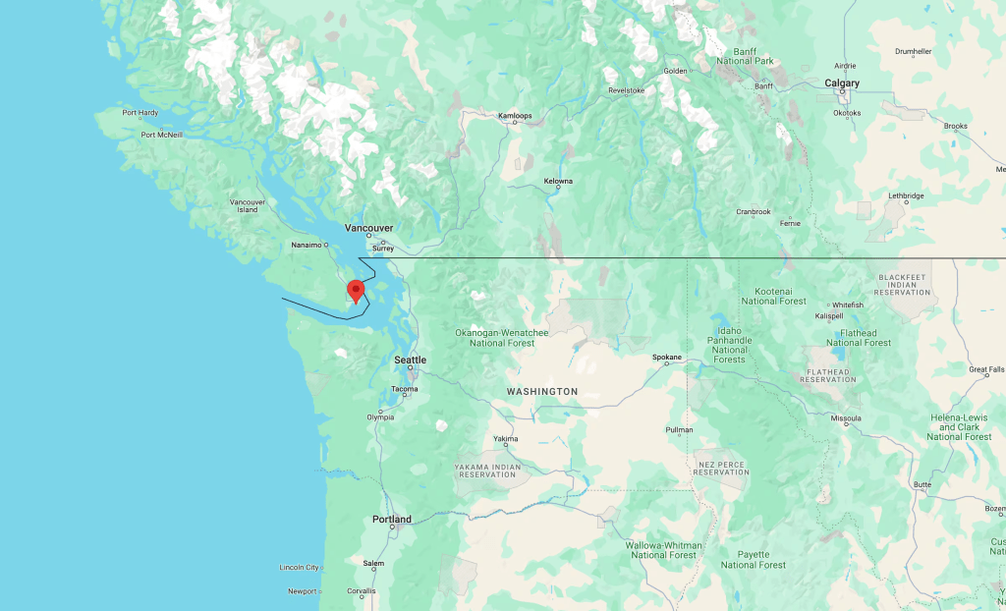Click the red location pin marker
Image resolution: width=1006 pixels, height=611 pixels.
click(x=356, y=291)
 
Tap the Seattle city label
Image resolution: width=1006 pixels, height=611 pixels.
click(x=410, y=360)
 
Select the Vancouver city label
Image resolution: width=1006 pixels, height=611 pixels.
click(x=368, y=227)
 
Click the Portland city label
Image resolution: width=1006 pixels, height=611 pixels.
click(x=392, y=519)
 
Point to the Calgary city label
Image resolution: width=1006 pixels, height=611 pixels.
click(x=842, y=83)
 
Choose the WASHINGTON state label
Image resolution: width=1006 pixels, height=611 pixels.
click(x=542, y=391)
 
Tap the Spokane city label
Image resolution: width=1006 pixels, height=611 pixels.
click(x=666, y=357)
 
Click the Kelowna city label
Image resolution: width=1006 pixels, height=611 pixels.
click(x=558, y=181)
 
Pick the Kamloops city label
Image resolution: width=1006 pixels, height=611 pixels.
click(x=515, y=116)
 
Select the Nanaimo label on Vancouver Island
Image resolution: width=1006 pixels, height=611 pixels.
click(x=308, y=245)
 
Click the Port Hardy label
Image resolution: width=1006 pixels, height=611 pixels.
click(x=140, y=113)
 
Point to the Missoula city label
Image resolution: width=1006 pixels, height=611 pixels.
click(x=845, y=418)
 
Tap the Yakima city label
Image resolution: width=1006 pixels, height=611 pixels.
click(x=505, y=438)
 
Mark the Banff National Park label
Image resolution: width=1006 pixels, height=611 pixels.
click(x=746, y=55)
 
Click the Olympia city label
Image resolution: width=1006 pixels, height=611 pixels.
click(x=380, y=417)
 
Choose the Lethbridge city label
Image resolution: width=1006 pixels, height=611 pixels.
click(x=906, y=195)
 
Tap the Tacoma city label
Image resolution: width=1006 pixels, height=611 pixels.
click(x=404, y=389)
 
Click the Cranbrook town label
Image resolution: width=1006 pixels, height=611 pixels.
click(x=754, y=211)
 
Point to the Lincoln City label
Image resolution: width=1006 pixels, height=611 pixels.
click(x=300, y=567)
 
